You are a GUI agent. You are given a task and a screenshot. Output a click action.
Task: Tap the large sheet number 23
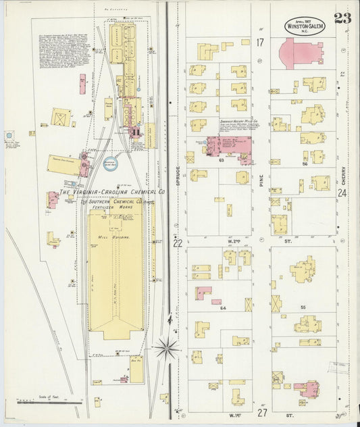(342, 18)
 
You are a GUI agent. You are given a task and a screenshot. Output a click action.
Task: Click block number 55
(303, 307)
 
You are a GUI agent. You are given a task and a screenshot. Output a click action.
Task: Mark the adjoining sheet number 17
(259, 42)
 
